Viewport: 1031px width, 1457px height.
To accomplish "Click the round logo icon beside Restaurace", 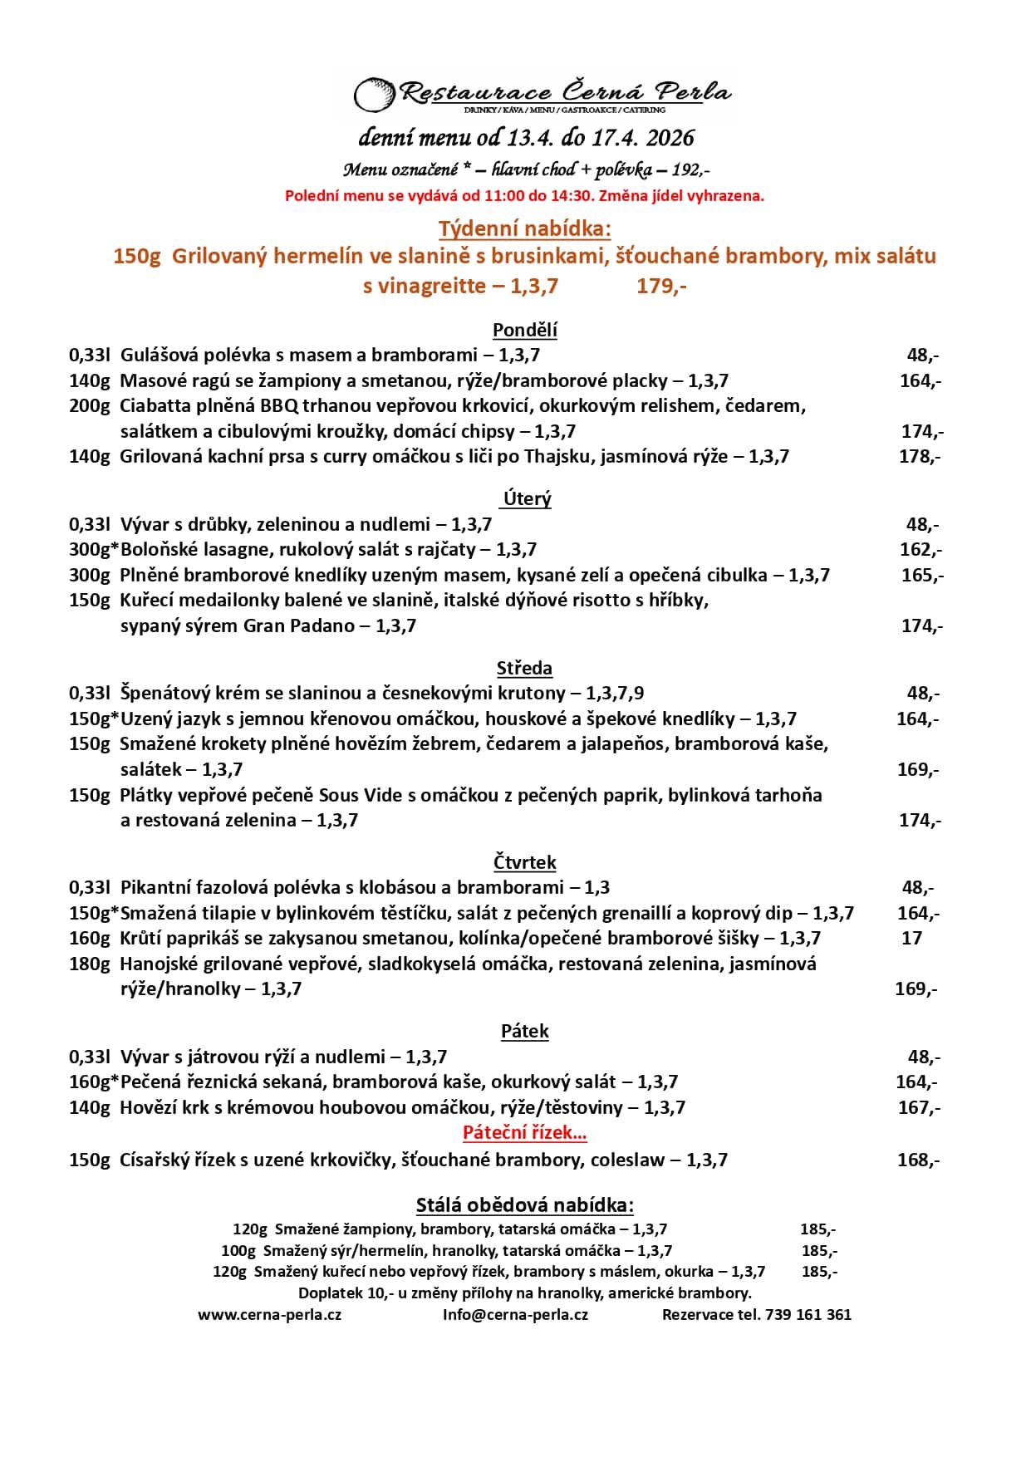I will [x=374, y=95].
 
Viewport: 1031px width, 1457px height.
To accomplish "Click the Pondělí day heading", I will [x=524, y=330].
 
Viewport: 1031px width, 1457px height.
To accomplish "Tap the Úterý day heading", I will [x=527, y=498].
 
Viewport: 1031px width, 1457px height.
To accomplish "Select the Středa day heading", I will [x=524, y=668].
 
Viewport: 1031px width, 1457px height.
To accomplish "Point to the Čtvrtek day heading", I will [x=524, y=862].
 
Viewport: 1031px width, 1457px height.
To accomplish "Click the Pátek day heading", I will [x=524, y=1031].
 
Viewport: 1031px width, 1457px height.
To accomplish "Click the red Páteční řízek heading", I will [x=524, y=1132].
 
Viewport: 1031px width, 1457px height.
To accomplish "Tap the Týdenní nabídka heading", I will [x=524, y=228].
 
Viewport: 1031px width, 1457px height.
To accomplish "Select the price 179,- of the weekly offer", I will [x=661, y=286].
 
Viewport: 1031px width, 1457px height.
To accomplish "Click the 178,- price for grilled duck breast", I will [x=920, y=456].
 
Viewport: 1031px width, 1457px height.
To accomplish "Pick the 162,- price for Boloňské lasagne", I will [x=921, y=549].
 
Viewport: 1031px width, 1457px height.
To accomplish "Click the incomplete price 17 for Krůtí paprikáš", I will [x=911, y=938].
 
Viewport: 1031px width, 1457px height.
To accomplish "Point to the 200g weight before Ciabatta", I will [x=89, y=405].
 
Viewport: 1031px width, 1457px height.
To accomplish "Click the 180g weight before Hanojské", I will [x=89, y=964].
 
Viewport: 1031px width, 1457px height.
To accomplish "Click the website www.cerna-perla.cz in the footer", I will [x=269, y=1314].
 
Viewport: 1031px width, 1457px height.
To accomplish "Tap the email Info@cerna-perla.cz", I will [x=515, y=1314].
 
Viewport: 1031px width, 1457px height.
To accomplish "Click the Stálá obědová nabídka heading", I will [x=524, y=1205].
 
